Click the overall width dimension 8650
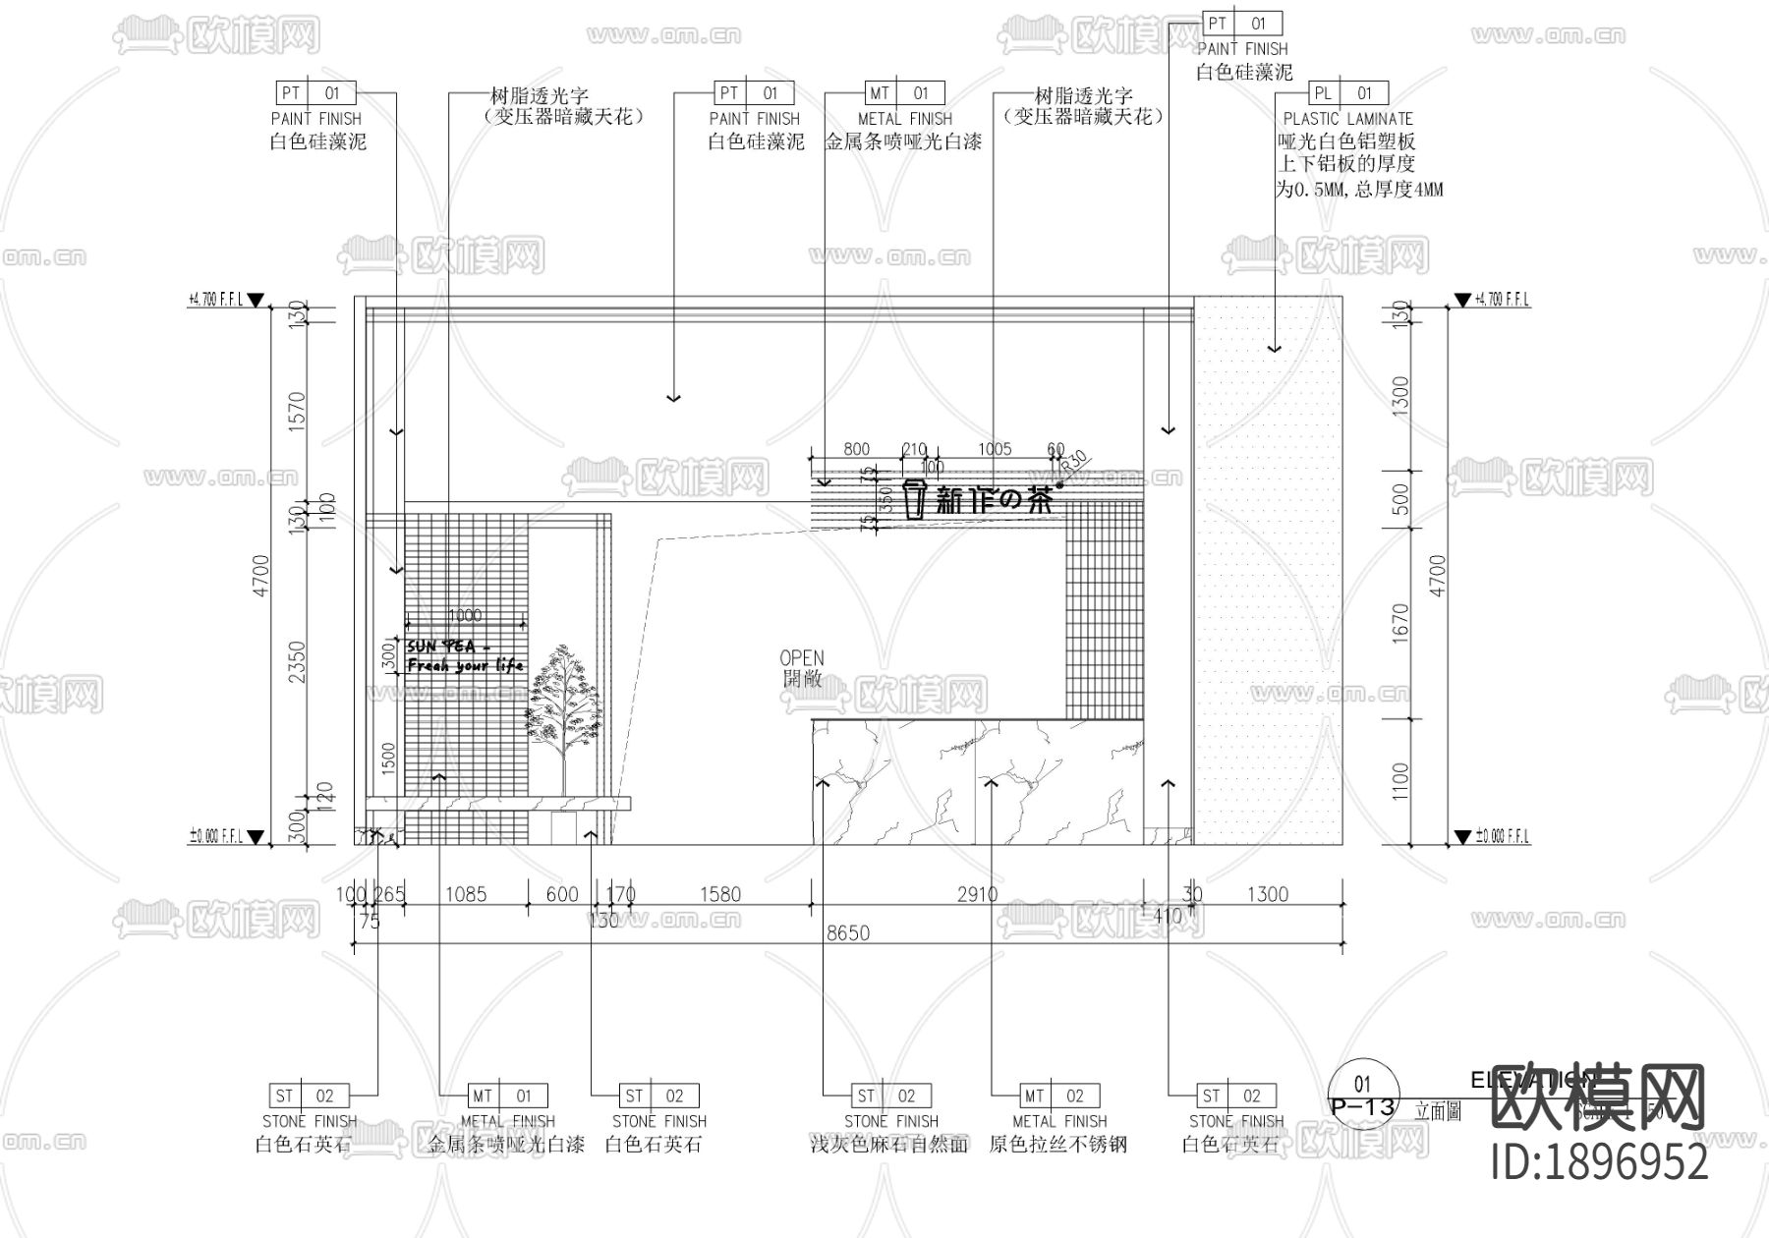(847, 932)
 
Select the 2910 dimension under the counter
(977, 894)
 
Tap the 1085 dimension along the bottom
(465, 894)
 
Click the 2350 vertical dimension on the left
(298, 661)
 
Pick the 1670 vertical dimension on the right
(1401, 621)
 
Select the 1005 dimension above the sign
(995, 449)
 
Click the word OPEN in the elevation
(802, 657)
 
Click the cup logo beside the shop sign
(914, 499)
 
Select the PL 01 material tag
(1347, 93)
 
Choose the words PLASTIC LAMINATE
(1347, 118)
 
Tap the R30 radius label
(1074, 460)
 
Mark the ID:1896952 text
(1600, 1163)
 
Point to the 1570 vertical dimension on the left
(298, 410)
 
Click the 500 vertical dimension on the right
(1401, 497)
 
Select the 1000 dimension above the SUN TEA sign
(464, 615)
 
